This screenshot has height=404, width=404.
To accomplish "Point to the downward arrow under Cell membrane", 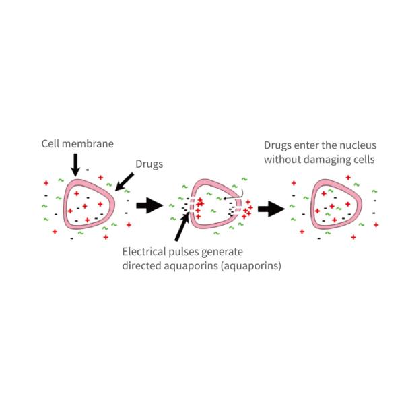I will pyautogui.click(x=75, y=162).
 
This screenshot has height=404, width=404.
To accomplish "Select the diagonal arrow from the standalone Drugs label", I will pyautogui.click(x=125, y=180).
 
